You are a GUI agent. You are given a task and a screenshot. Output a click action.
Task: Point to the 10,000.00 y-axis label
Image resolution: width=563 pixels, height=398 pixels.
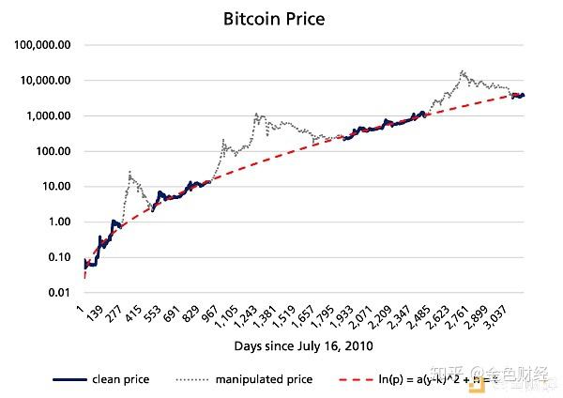pos(46,81)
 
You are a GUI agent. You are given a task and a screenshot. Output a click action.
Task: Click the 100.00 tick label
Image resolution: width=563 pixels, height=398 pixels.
pos(53,151)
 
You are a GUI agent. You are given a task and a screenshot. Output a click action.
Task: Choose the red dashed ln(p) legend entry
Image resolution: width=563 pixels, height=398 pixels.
pos(441,379)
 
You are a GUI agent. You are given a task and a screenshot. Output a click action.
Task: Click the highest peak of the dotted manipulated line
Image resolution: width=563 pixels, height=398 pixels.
pos(462,71)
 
